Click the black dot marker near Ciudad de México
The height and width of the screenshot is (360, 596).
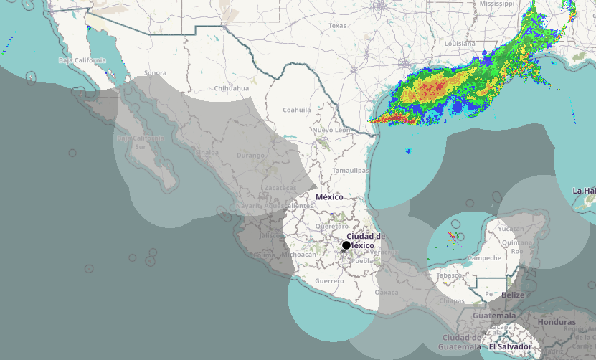click(x=346, y=245)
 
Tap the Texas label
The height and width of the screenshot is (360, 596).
click(x=337, y=26)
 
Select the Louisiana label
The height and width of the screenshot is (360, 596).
click(x=460, y=44)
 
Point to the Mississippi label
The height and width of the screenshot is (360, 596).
click(x=498, y=4)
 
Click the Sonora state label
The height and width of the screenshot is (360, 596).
click(x=155, y=73)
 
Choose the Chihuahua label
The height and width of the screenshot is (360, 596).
click(x=232, y=88)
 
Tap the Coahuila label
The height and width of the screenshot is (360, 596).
click(x=297, y=110)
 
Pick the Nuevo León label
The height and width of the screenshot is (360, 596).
click(x=332, y=131)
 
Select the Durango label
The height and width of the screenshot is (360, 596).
click(x=251, y=155)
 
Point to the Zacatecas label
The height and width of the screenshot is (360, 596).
click(x=280, y=187)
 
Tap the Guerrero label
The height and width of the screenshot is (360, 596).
click(x=329, y=281)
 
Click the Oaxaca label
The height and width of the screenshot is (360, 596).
click(x=387, y=293)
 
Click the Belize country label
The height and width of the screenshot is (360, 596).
click(x=513, y=295)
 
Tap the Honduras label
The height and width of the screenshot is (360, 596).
click(x=557, y=322)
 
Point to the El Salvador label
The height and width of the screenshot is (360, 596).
click(x=511, y=347)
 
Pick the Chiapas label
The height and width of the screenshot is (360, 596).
click(x=452, y=301)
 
